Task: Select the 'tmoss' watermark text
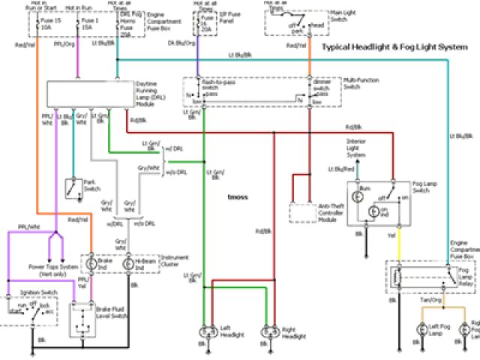click(x=238, y=196)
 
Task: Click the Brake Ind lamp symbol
click(x=91, y=264)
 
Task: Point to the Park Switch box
click(x=74, y=188)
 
